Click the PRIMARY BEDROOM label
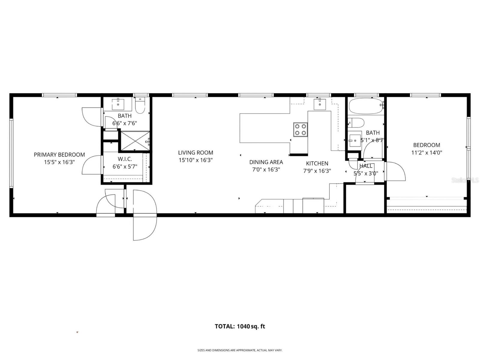[x=59, y=155]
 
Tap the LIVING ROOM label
[x=196, y=153]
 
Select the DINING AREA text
[x=266, y=162]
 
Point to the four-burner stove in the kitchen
[x=301, y=130]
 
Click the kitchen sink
[x=320, y=104]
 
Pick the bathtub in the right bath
[x=366, y=106]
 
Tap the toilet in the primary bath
[x=140, y=105]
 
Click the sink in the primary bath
[x=118, y=104]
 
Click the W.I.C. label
[x=125, y=159]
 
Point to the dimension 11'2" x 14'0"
[x=427, y=153]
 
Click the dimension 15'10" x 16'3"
[x=196, y=160]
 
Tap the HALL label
[x=366, y=166]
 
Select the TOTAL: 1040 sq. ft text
[x=240, y=326]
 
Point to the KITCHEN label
[x=317, y=163]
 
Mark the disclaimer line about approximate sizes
[x=240, y=350]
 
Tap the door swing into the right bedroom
[x=395, y=172]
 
